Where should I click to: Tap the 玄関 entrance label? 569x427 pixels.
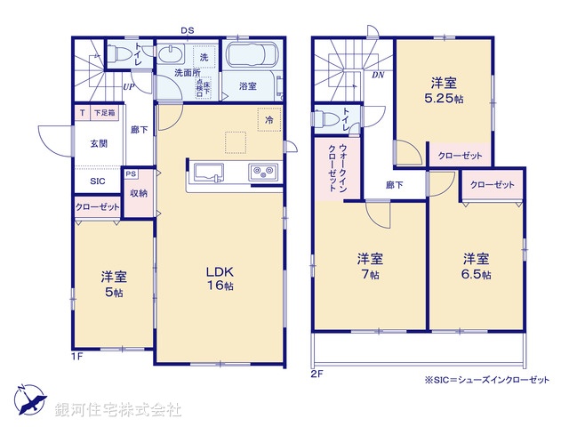[x=99, y=144]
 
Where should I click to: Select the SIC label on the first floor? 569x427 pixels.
[x=97, y=181]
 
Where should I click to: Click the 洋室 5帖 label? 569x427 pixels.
[x=113, y=283]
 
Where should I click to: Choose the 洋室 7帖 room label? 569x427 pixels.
[x=370, y=266]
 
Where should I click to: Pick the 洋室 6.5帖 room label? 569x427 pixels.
[x=475, y=266]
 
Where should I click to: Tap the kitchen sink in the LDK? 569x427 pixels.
[x=206, y=172]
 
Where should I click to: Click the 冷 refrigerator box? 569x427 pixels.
[x=268, y=117]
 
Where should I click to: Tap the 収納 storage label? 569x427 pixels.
[x=138, y=193]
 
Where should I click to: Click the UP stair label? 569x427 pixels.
[x=129, y=87]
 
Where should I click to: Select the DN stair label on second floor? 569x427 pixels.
[x=378, y=75]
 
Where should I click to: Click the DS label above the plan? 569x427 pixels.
[x=188, y=31]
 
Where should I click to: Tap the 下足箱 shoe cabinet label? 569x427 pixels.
[x=107, y=114]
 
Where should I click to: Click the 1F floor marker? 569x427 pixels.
[x=78, y=358]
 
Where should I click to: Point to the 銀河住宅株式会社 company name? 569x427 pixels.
[x=118, y=410]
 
